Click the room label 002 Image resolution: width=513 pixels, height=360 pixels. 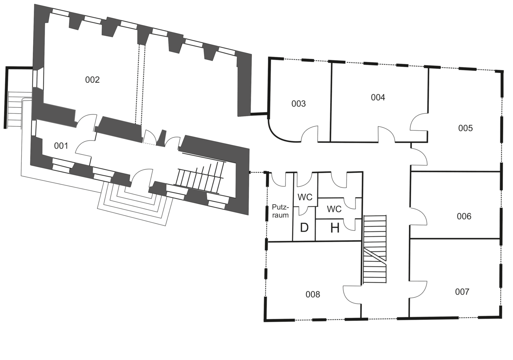pos(92,80)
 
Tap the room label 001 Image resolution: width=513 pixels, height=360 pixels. pos(61,146)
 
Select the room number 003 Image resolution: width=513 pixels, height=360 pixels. pos(298,104)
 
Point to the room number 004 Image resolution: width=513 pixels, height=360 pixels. pos(378,97)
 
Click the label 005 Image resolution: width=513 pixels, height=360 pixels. pos(465,128)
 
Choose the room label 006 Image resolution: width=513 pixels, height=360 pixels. pos(464,216)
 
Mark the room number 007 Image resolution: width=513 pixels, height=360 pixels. pos(462,292)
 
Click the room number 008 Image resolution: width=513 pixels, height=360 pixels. pos(313,294)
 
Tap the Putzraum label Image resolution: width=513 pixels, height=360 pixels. pos(280,211)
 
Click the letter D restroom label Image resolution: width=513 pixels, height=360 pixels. pos(304,228)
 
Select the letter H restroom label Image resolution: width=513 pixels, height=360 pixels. pos(335,228)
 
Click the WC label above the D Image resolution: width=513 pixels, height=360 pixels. pos(305,197)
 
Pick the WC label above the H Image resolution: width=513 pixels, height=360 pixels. pos(334,209)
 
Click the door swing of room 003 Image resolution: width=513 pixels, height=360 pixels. pos(311,134)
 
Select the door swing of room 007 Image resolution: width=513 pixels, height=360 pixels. pos(419,289)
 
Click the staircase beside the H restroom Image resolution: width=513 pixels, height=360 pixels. pos(374,249)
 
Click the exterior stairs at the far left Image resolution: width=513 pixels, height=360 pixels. pos(15,109)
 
